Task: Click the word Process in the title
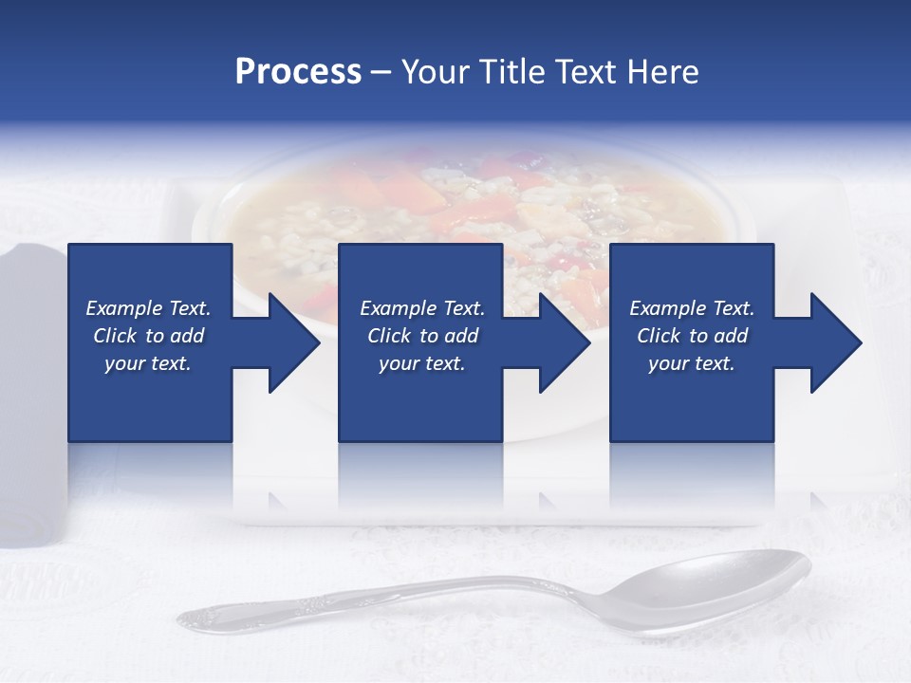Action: [x=298, y=72]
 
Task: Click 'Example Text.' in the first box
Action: [x=148, y=308]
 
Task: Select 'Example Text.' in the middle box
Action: [x=421, y=308]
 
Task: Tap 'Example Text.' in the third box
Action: [x=692, y=308]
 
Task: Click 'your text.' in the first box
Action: [x=148, y=363]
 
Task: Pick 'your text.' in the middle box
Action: [x=421, y=363]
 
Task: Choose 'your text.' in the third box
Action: [x=692, y=363]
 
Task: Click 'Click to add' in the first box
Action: [x=148, y=336]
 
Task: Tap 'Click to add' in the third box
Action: [x=692, y=336]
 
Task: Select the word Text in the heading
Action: [x=586, y=72]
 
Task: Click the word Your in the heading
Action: [x=434, y=72]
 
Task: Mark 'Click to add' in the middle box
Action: [x=421, y=336]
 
